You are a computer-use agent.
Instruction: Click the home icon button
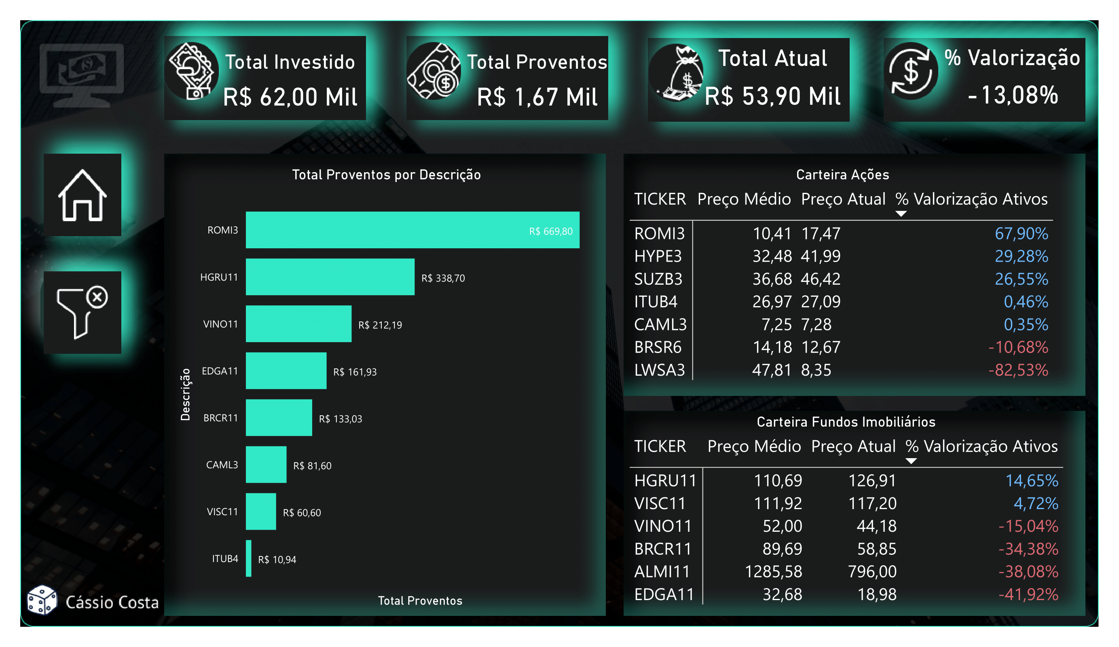(x=82, y=195)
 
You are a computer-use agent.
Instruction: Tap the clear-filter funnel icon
(x=82, y=312)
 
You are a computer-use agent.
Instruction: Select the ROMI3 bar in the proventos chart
(x=412, y=230)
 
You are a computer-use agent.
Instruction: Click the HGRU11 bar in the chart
(x=330, y=277)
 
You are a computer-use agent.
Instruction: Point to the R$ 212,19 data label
(x=380, y=325)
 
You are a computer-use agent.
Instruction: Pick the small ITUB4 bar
(x=249, y=558)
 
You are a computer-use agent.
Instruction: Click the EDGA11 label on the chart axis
(x=220, y=371)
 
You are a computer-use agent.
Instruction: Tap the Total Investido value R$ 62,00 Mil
(x=290, y=97)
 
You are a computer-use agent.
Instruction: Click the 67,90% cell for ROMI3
(x=1021, y=234)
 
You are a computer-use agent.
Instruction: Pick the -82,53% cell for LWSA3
(x=1018, y=370)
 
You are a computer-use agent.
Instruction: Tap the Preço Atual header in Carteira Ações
(x=843, y=199)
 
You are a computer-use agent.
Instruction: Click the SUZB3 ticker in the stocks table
(x=658, y=279)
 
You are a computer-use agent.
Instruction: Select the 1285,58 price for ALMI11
(x=773, y=571)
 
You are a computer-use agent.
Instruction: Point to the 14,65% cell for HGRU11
(x=1032, y=480)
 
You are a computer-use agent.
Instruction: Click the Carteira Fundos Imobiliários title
(x=846, y=422)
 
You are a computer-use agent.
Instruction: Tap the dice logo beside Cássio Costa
(x=42, y=600)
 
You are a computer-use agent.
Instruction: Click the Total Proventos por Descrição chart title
(x=386, y=175)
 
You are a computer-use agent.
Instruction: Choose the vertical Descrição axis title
(x=185, y=394)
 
